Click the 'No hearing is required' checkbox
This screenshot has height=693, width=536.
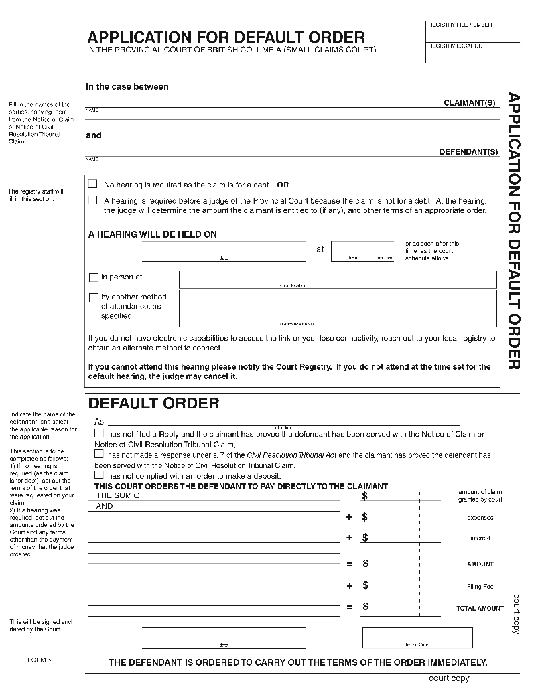tap(93, 184)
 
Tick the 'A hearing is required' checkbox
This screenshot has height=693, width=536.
tap(93, 200)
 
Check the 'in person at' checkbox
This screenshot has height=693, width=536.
tap(93, 277)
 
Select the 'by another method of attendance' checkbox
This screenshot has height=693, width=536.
tap(93, 297)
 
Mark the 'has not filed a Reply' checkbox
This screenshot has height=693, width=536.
tap(99, 434)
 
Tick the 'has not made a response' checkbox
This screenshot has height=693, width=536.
tap(99, 455)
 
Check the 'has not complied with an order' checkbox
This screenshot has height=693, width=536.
tap(99, 475)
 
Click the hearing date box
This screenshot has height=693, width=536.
tap(224, 251)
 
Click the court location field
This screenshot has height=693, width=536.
tap(338, 279)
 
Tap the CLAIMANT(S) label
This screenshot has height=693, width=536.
tap(470, 103)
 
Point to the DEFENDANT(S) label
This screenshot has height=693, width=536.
tap(468, 152)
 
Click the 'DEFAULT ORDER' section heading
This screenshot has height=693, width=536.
tap(153, 403)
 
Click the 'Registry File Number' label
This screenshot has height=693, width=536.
tap(460, 25)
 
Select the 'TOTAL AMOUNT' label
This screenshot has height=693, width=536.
tap(480, 608)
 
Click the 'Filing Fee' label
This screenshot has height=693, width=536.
tap(480, 587)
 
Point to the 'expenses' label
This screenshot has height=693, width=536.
tap(480, 518)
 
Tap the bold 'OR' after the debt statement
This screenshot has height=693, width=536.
tap(283, 185)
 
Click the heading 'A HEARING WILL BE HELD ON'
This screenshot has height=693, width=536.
tap(153, 234)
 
